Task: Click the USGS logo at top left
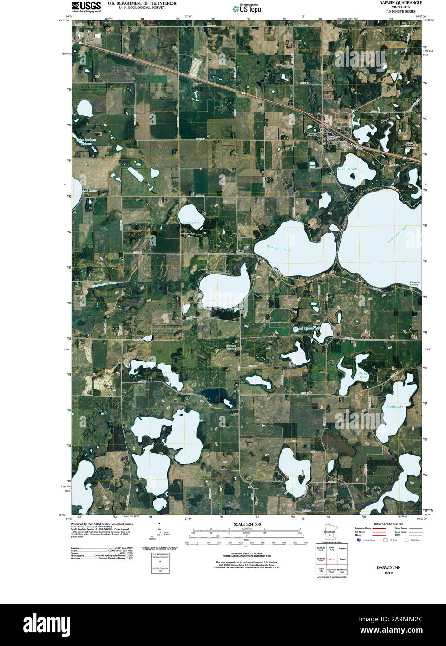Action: tap(86, 7)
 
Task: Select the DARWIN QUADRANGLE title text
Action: tap(400, 3)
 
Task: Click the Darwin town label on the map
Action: tap(313, 134)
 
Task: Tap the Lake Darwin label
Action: tap(347, 169)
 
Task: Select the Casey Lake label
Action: tap(190, 222)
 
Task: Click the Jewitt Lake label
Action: tap(394, 407)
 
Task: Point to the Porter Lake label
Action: tap(363, 375)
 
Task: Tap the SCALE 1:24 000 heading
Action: tap(247, 524)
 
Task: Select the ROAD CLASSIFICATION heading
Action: tap(388, 524)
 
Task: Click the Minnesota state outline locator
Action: tap(329, 533)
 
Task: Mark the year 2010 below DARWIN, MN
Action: tap(388, 573)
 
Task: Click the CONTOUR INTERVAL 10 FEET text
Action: tap(247, 554)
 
